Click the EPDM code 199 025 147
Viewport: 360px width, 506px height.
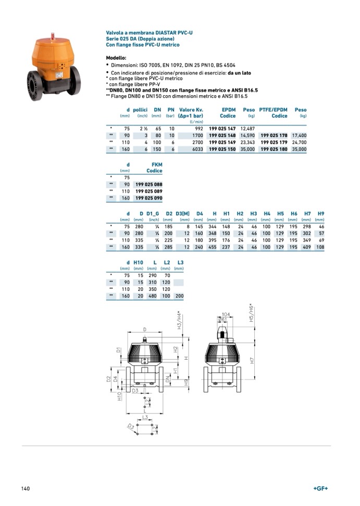click(222, 128)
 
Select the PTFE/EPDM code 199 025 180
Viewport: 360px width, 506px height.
click(274, 149)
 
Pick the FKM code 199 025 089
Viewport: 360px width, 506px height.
click(148, 192)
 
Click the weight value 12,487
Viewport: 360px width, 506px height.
click(247, 128)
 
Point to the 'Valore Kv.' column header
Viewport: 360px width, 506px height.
click(191, 110)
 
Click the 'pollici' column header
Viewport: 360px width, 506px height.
click(140, 110)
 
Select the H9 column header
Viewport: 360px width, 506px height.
click(321, 214)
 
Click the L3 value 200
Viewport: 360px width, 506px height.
click(179, 296)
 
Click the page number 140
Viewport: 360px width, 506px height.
click(26, 488)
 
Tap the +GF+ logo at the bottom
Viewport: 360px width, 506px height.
click(320, 488)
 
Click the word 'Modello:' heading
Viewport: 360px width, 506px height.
click(116, 58)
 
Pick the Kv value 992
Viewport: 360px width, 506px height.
click(198, 128)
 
